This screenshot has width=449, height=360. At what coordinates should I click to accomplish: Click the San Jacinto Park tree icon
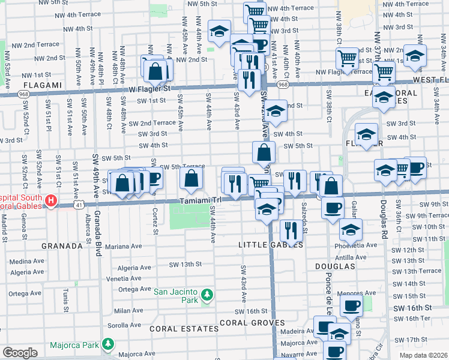[x=207, y=295]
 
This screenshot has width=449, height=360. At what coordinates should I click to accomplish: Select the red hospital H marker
[x=52, y=200]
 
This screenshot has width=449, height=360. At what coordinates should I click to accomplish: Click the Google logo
[x=20, y=352]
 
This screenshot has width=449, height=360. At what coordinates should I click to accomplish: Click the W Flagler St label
[x=149, y=88]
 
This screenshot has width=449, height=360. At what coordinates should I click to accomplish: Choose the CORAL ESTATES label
[x=184, y=329]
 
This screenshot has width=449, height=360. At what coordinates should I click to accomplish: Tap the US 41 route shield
[x=80, y=205]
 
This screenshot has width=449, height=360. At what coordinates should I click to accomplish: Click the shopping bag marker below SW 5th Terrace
[x=191, y=178]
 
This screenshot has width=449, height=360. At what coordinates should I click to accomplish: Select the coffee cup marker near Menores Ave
[x=351, y=305]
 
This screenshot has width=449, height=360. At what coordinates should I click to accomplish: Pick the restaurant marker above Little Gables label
[x=289, y=229]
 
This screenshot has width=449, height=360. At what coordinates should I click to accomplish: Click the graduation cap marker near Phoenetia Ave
[x=351, y=229]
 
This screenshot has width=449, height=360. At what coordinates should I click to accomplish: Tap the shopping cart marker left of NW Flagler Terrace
[x=348, y=58]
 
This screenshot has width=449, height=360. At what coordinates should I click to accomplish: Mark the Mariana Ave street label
[x=124, y=246]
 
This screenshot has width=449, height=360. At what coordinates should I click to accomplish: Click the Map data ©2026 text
[x=424, y=355]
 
